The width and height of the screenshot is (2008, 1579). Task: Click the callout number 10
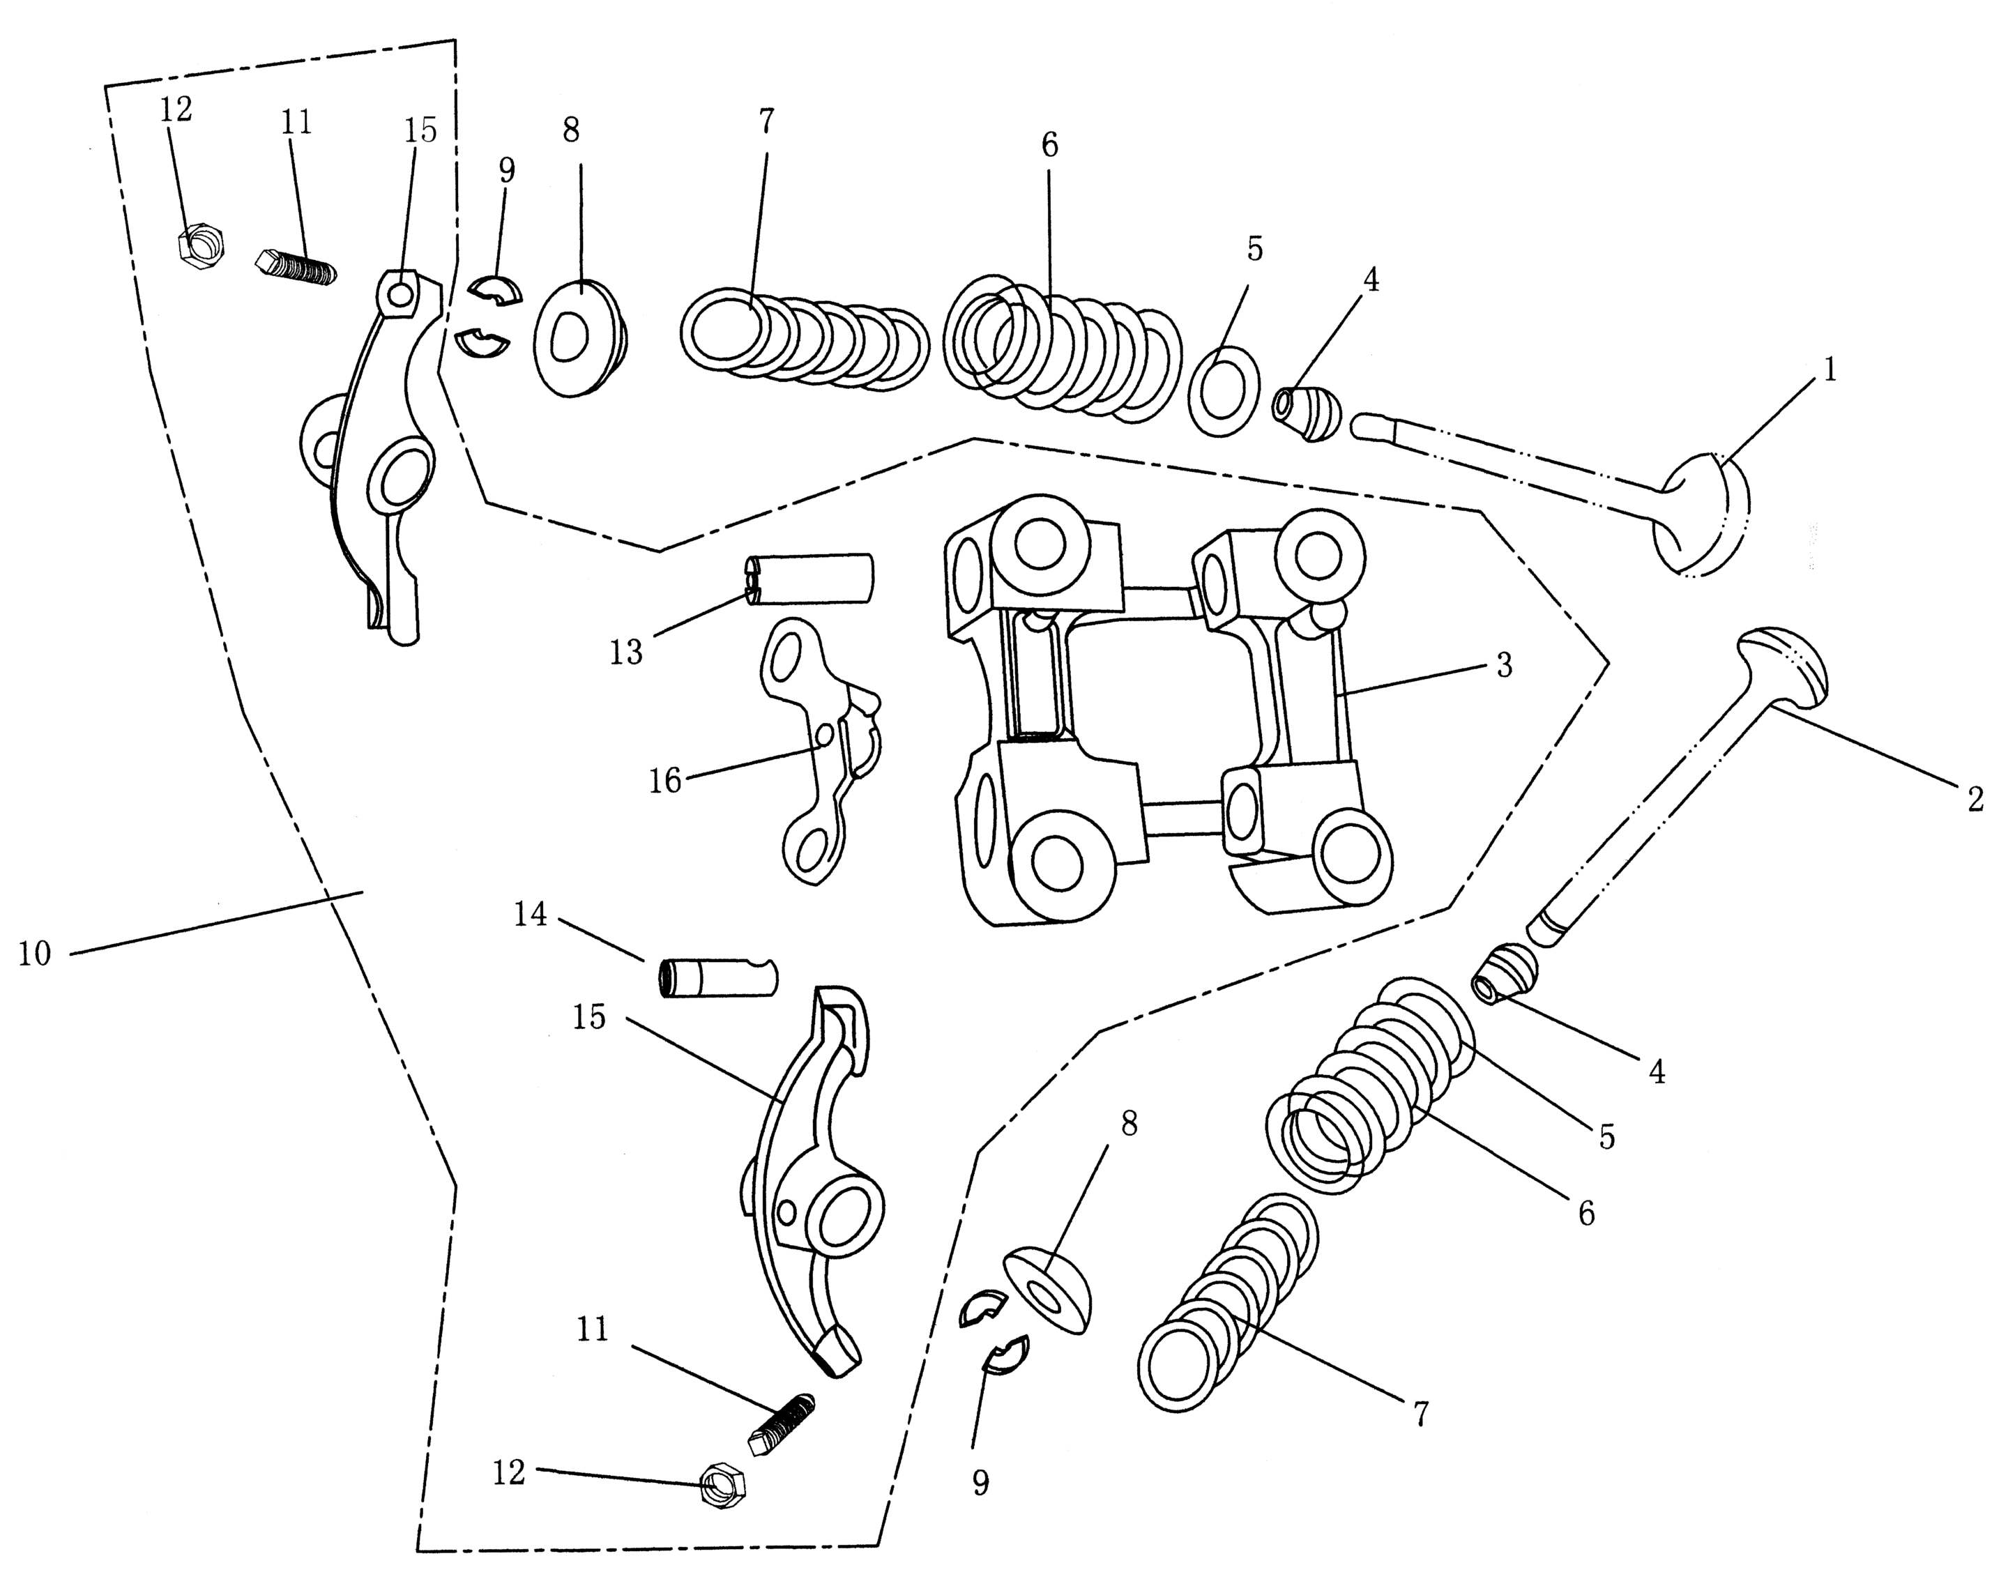point(34,953)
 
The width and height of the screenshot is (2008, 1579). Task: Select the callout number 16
point(664,781)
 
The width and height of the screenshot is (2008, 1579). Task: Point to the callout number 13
point(626,653)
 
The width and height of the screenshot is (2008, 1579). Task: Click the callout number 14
point(531,915)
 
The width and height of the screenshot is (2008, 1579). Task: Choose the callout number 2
point(1975,799)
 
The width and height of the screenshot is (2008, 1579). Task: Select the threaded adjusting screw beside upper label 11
point(296,266)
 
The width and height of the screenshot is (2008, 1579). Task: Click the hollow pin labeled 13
point(810,579)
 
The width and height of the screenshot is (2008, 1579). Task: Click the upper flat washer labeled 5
point(1222,391)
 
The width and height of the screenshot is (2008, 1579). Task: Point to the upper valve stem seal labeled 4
point(1307,413)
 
